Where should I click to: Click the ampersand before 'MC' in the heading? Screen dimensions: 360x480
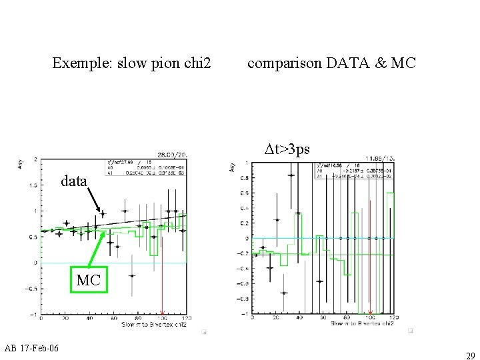tap(381, 63)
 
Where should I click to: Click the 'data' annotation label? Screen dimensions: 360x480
tap(73, 181)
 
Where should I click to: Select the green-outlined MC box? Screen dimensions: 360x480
tap(88, 280)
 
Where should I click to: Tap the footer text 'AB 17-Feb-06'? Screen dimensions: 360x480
tap(31, 349)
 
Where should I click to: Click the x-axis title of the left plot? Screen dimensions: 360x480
tap(153, 325)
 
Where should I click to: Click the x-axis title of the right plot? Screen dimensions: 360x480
tap(362, 323)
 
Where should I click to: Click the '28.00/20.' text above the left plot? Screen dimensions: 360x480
tap(171, 153)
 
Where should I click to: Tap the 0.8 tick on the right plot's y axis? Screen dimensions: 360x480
tap(245, 178)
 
